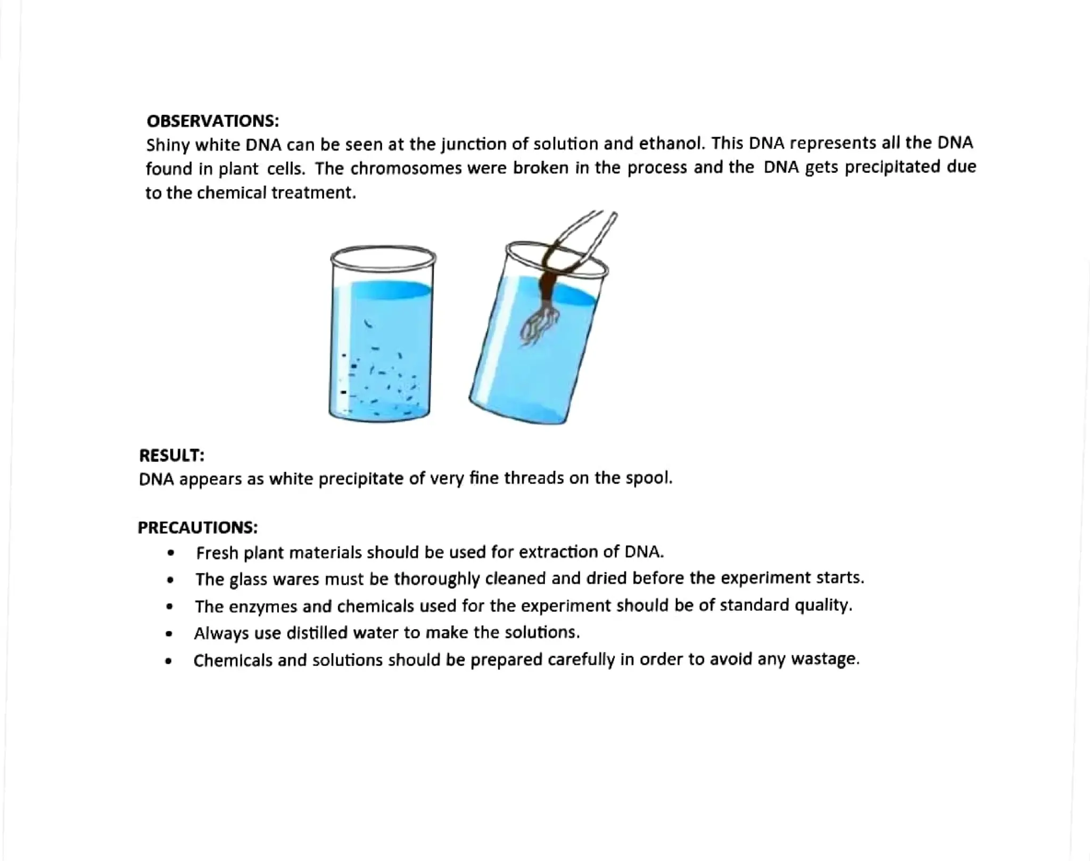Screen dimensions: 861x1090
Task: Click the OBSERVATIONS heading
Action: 212,121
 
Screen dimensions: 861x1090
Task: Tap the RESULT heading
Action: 171,455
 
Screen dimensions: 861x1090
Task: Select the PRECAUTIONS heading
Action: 197,527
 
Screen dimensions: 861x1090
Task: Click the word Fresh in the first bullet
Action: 217,553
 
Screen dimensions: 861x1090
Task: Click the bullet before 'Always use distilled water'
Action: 169,633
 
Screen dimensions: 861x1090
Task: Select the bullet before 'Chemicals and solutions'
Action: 169,661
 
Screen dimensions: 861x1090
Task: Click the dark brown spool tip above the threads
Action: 548,287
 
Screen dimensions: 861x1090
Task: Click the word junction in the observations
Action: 469,144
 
